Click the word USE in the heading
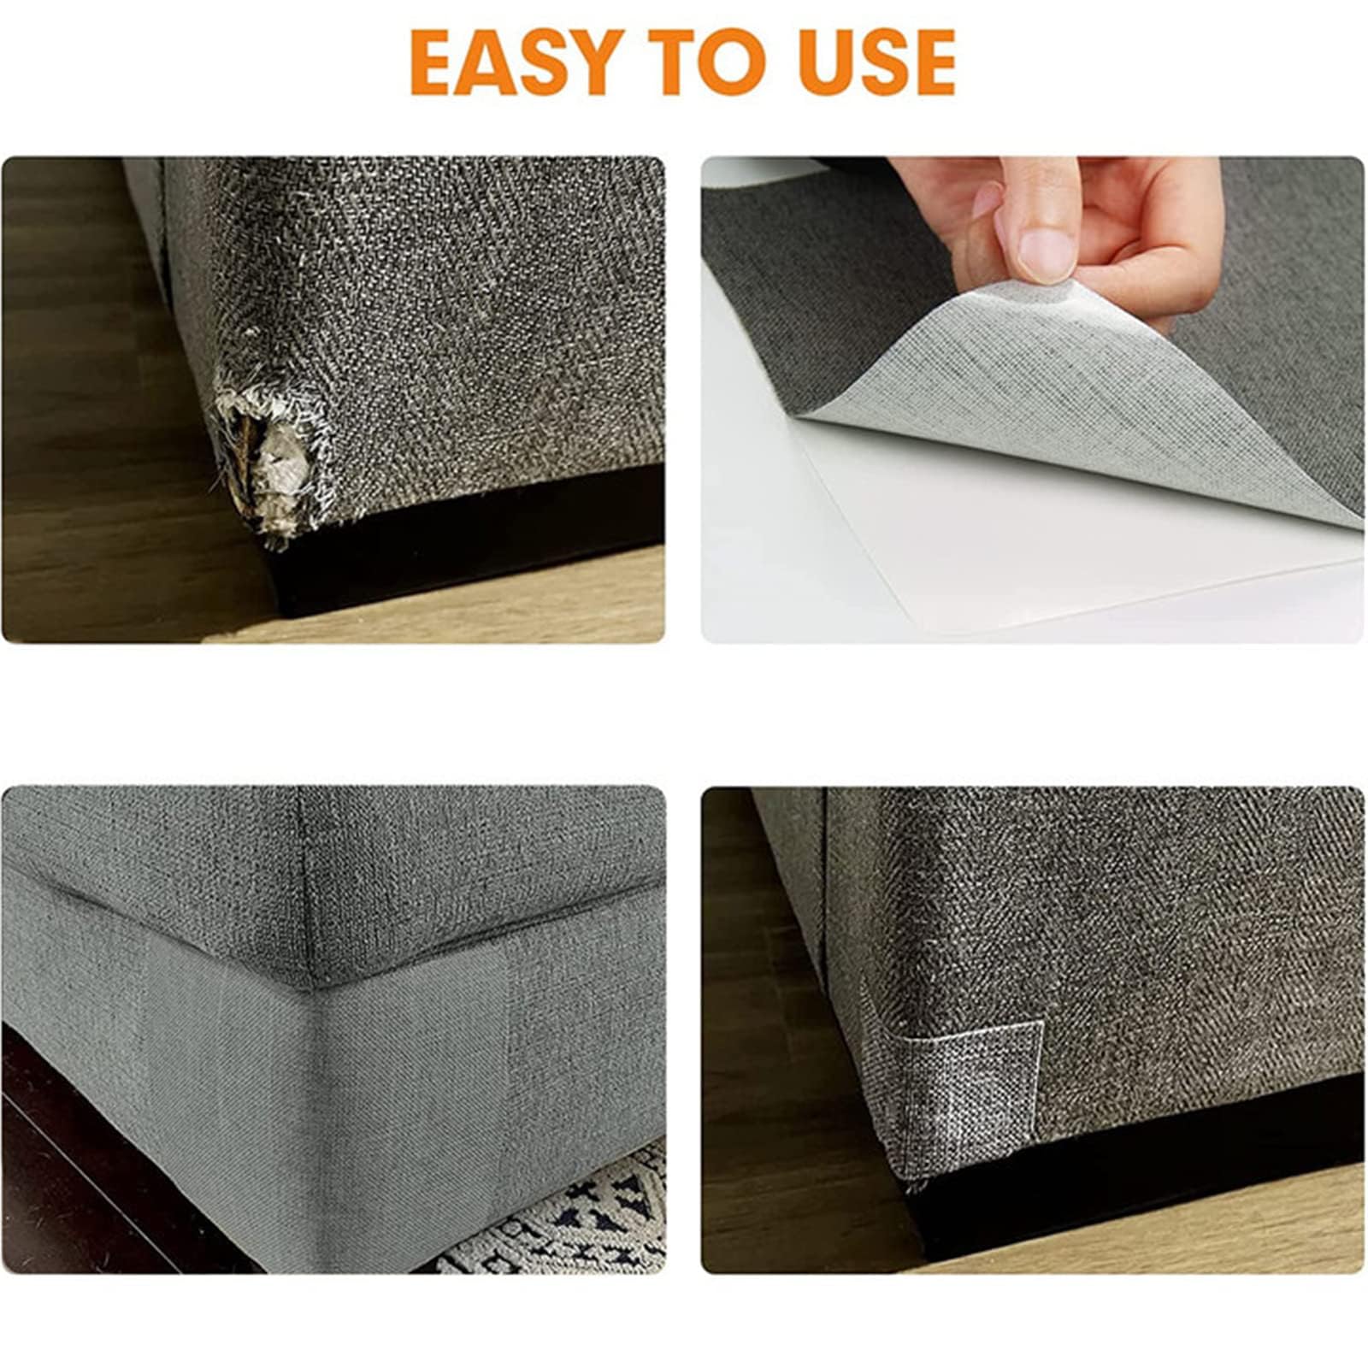click(x=877, y=62)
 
